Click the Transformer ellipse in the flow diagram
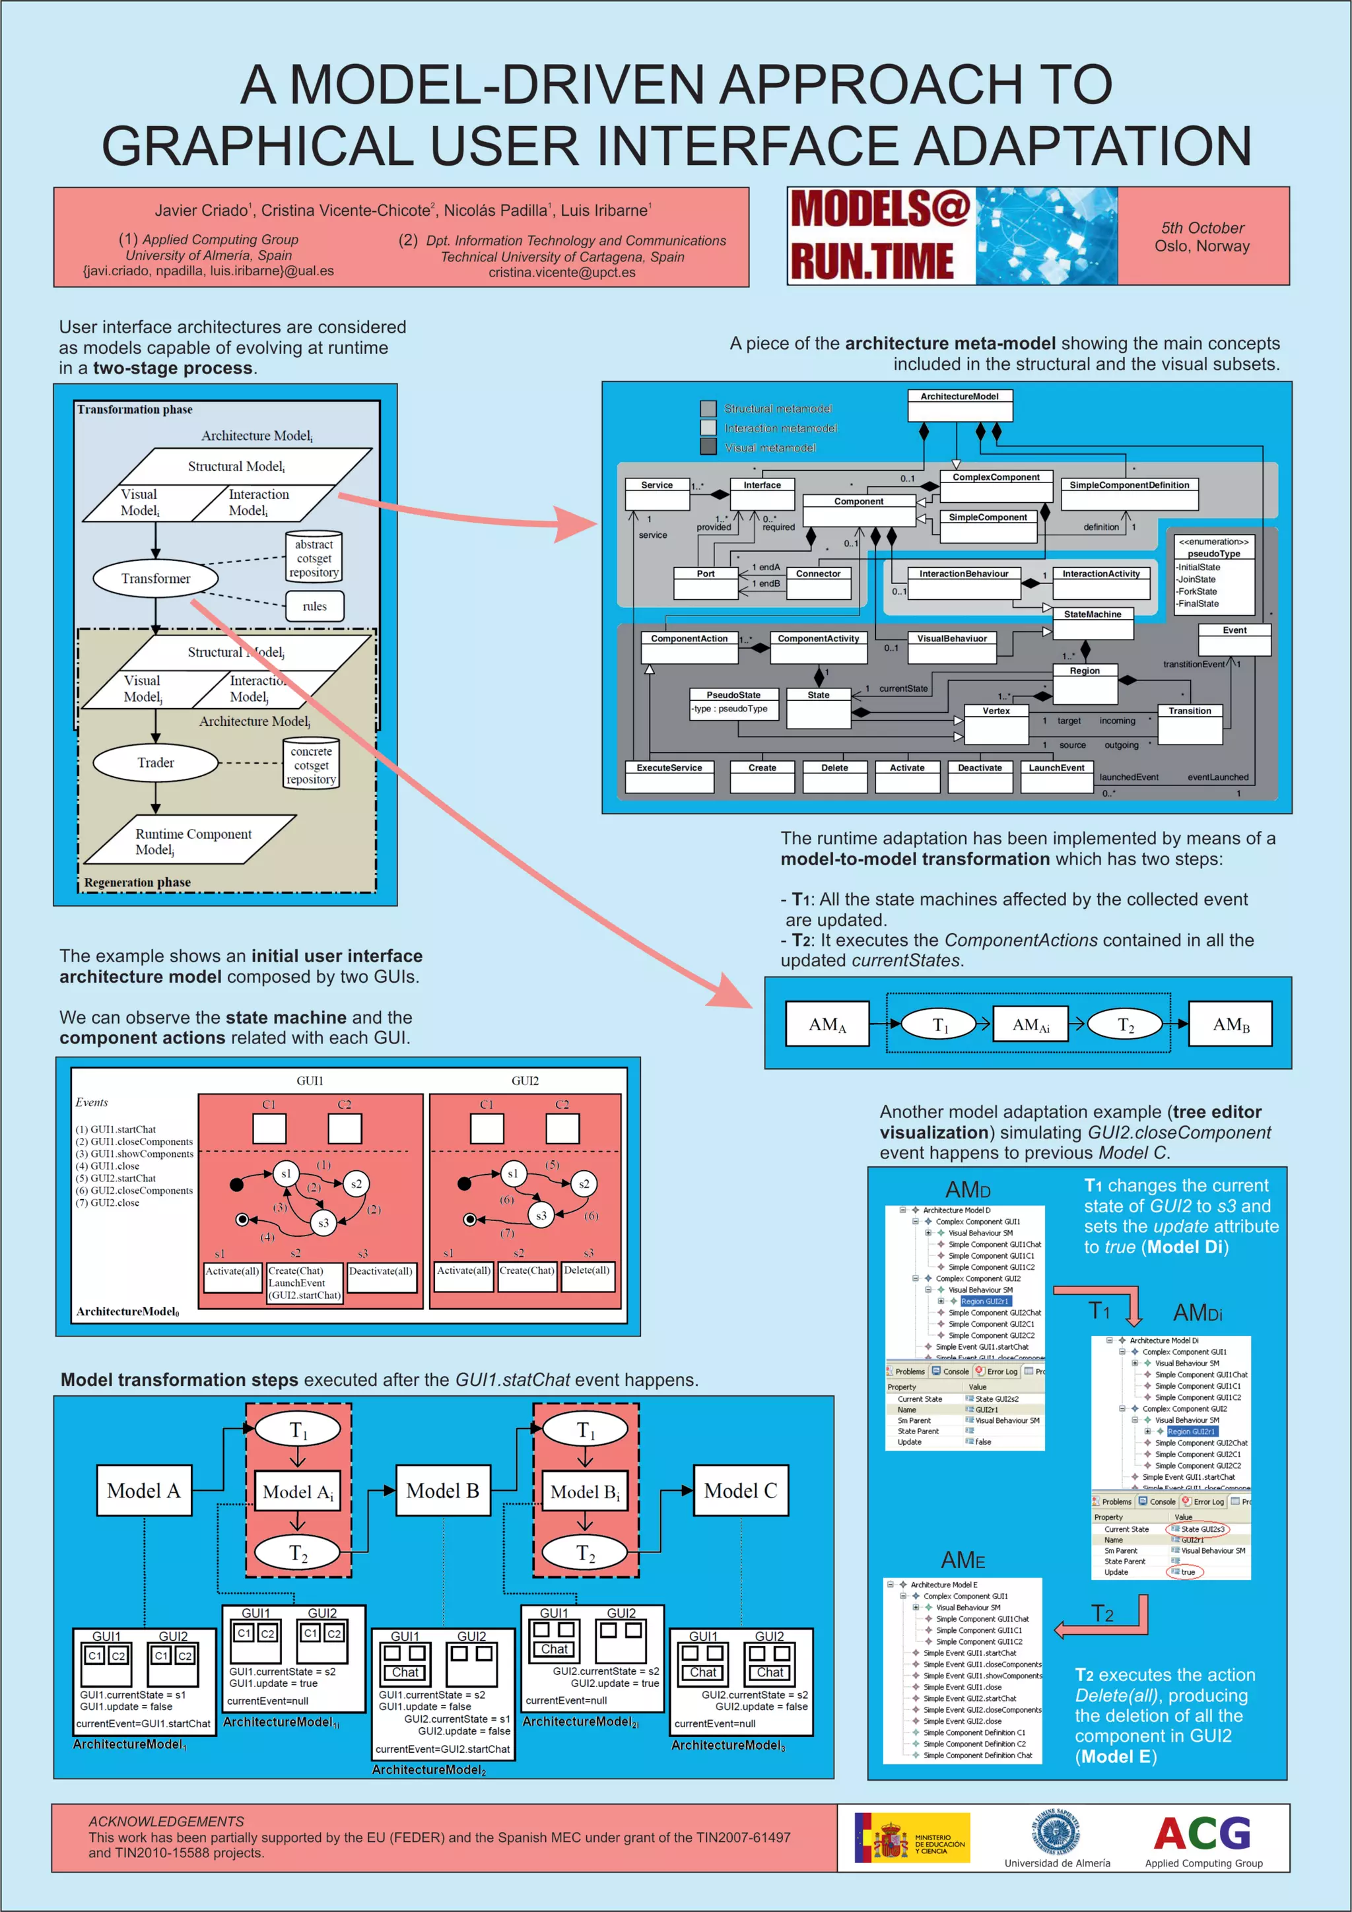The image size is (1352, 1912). pyautogui.click(x=156, y=578)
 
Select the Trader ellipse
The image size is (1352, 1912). pyautogui.click(x=156, y=762)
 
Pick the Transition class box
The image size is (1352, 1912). pyautogui.click(x=1190, y=723)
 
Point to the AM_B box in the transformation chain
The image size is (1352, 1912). pyautogui.click(x=1230, y=1024)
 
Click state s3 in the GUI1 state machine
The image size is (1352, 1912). pyautogui.click(x=323, y=1222)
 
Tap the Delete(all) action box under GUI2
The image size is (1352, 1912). pyautogui.click(x=588, y=1276)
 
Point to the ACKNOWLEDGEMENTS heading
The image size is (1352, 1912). pyautogui.click(x=166, y=1821)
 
